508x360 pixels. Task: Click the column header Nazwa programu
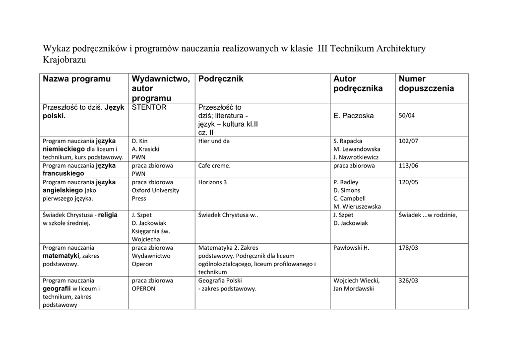[x=77, y=79]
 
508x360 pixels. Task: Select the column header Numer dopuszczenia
[x=426, y=83]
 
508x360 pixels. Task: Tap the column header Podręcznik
[x=220, y=79]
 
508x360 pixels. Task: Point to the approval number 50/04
[x=406, y=116]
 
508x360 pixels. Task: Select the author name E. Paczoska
[x=354, y=116]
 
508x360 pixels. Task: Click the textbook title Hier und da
[x=214, y=141]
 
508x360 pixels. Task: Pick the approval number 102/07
[x=408, y=141]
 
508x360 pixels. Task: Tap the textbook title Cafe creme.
[x=214, y=166]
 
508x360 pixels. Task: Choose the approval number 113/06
[x=408, y=166]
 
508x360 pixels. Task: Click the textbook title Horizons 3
[x=212, y=182]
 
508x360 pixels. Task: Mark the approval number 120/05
[x=408, y=182]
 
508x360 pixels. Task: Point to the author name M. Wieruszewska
[x=357, y=207]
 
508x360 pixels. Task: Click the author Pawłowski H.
[x=351, y=248]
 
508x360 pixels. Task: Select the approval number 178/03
[x=408, y=248]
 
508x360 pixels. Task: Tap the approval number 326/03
[x=408, y=281]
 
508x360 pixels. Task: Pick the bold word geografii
[x=57, y=288]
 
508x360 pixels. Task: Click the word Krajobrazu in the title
[x=65, y=60]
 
